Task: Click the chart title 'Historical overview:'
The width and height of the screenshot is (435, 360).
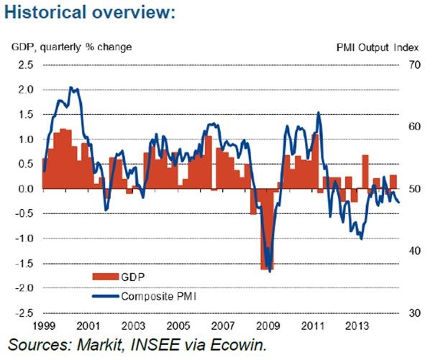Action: click(91, 14)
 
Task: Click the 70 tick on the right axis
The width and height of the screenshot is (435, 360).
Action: click(413, 65)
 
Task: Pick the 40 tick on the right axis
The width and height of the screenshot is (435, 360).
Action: click(413, 251)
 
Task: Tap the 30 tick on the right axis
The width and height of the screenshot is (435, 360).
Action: click(413, 314)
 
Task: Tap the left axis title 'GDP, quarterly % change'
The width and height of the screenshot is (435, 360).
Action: click(72, 47)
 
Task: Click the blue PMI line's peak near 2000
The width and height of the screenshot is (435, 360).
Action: click(70, 88)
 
